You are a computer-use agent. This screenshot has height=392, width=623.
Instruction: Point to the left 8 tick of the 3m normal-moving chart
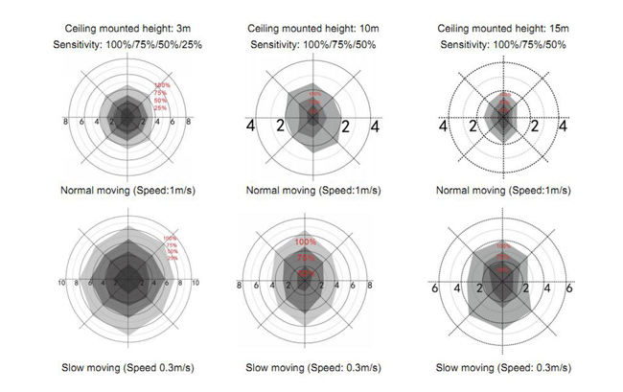[65, 123]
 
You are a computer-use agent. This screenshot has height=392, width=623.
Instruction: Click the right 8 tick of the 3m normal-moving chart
[188, 123]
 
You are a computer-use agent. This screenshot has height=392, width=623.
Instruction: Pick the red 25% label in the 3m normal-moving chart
[160, 107]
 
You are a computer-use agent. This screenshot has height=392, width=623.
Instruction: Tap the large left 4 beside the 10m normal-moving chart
[250, 126]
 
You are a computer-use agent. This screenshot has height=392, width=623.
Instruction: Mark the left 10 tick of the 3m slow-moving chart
[61, 284]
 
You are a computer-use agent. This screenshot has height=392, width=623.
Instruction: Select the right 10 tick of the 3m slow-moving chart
[195, 284]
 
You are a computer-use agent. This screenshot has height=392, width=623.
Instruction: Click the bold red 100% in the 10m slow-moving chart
[306, 242]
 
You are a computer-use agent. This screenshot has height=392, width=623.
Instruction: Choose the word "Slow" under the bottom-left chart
[73, 367]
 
